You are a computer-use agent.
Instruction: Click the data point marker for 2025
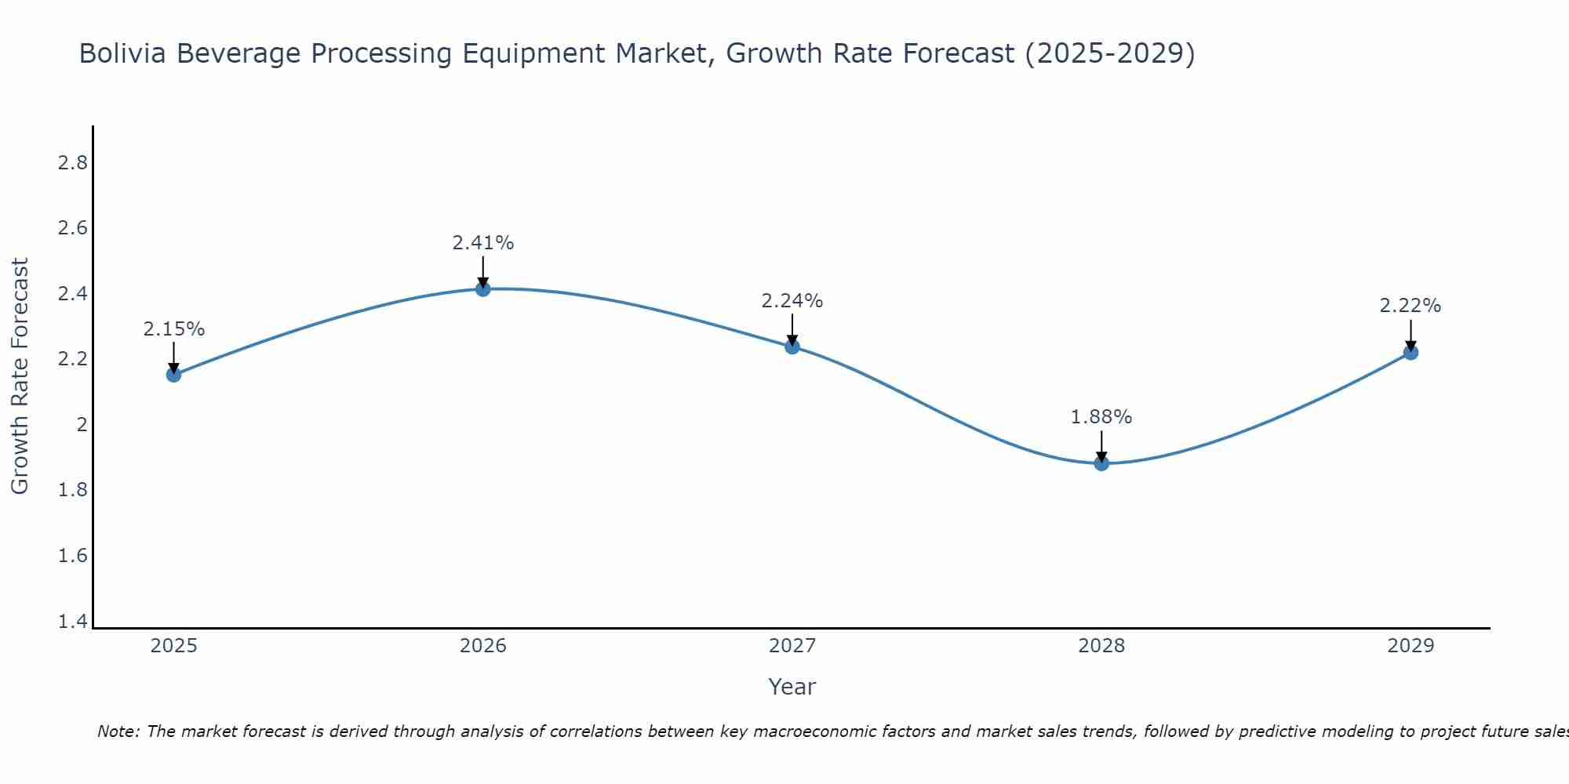[x=173, y=375]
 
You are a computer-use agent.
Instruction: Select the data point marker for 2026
[x=482, y=289]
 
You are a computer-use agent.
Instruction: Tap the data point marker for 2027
[x=792, y=347]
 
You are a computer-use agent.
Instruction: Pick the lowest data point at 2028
[x=1101, y=463]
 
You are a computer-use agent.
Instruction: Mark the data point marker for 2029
[x=1411, y=353]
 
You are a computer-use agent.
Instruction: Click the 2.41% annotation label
[x=482, y=243]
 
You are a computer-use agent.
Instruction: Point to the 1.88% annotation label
[x=1101, y=417]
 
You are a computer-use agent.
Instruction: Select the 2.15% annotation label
[x=173, y=329]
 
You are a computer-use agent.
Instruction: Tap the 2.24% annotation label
[x=792, y=301]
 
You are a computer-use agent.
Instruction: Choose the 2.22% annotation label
[x=1411, y=306]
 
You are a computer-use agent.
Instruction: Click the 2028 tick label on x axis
[x=1101, y=646]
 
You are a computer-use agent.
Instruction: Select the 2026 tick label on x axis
[x=482, y=646]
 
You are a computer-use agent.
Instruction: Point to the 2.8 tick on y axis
[x=72, y=163]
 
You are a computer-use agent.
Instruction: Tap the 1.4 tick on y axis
[x=72, y=622]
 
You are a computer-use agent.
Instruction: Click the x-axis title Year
[x=792, y=687]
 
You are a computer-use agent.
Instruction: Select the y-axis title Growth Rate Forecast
[x=20, y=376]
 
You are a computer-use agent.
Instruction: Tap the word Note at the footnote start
[x=118, y=731]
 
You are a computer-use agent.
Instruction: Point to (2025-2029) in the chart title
[x=1110, y=53]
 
